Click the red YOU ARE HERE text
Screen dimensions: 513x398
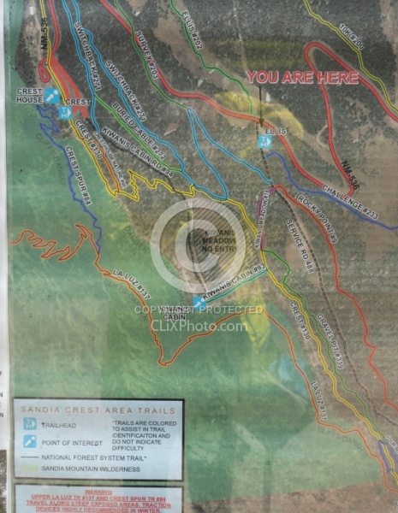point(303,78)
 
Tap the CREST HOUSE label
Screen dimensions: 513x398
point(28,96)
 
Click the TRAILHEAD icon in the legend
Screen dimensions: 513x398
point(29,422)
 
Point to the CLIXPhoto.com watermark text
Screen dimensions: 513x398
point(199,325)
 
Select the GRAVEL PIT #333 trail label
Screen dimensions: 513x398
point(327,339)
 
